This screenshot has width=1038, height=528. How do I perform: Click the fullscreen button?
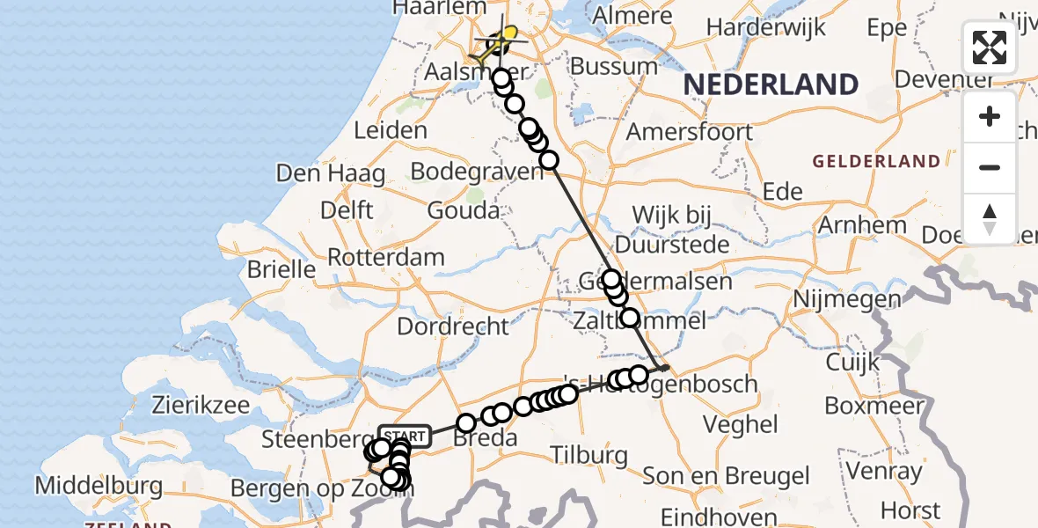coord(990,48)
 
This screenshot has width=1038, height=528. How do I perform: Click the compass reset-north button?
coord(990,219)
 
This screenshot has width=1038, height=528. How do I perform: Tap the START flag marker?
coord(405,436)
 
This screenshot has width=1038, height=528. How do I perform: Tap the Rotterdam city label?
coord(386,258)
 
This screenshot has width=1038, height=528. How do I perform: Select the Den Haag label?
coord(330,173)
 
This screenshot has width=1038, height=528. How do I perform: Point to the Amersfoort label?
coord(690,132)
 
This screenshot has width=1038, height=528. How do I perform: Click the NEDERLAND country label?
coord(771,84)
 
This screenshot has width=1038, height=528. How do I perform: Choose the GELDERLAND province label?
coord(875,161)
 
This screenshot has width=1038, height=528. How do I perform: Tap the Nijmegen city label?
coord(847,299)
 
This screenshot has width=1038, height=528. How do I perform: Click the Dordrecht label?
coord(453,326)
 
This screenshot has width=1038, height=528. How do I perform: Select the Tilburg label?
coord(588,456)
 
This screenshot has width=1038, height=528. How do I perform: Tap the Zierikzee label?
coord(200,406)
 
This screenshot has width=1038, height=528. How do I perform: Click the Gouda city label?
coord(463,211)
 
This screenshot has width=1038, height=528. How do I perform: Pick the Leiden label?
coord(390,131)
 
